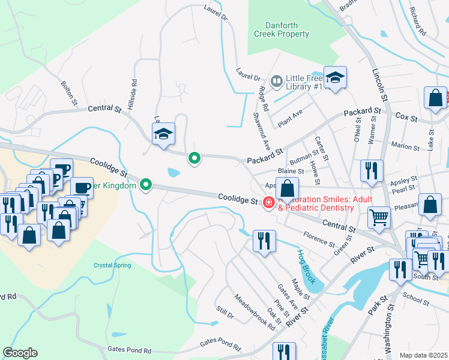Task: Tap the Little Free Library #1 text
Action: pos(304,82)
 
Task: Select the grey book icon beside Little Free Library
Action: pos(277,80)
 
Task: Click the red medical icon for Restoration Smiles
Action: pos(268,204)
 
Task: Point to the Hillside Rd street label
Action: pos(134,91)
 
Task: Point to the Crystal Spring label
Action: pos(112,265)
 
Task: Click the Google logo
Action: pos(20,353)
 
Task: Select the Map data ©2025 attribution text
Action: pos(423,355)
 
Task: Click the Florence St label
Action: pos(319,240)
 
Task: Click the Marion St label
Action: pos(405,146)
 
